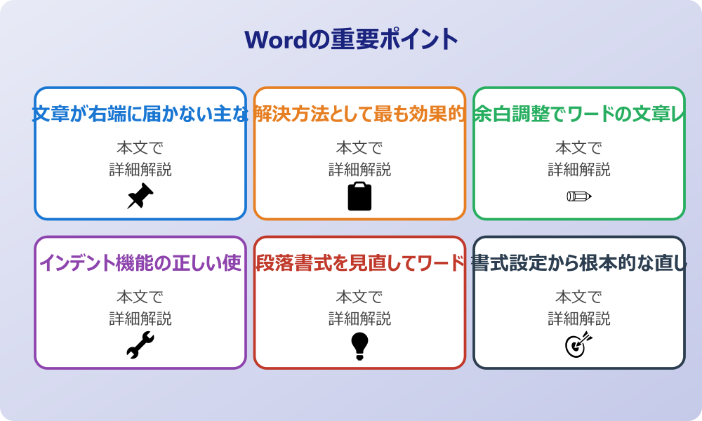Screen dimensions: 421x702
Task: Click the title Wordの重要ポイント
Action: point(351,39)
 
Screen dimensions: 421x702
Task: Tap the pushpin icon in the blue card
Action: point(140,196)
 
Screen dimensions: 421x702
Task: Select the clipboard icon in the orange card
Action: point(359,196)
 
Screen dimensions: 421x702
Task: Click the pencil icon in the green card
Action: point(579,196)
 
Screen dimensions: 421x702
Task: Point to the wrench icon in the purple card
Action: point(140,345)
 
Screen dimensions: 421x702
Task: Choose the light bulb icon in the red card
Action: point(359,345)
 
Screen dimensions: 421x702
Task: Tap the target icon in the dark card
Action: point(579,345)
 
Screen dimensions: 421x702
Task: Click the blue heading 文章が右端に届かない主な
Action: point(140,114)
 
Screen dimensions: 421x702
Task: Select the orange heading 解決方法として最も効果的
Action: point(359,114)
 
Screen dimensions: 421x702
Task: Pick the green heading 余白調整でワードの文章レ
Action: point(579,114)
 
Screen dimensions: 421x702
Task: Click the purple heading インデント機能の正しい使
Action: point(140,263)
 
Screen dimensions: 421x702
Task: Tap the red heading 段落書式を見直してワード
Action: point(359,263)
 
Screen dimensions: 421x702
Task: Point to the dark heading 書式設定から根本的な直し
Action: point(579,263)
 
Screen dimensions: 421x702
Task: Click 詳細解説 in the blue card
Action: point(140,170)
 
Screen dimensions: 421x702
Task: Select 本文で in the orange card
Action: point(359,148)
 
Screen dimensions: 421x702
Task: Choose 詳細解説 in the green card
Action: point(579,170)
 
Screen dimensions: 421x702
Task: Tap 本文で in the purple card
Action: point(140,298)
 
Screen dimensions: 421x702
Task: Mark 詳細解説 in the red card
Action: point(359,319)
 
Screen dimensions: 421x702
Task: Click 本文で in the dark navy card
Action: point(579,298)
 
